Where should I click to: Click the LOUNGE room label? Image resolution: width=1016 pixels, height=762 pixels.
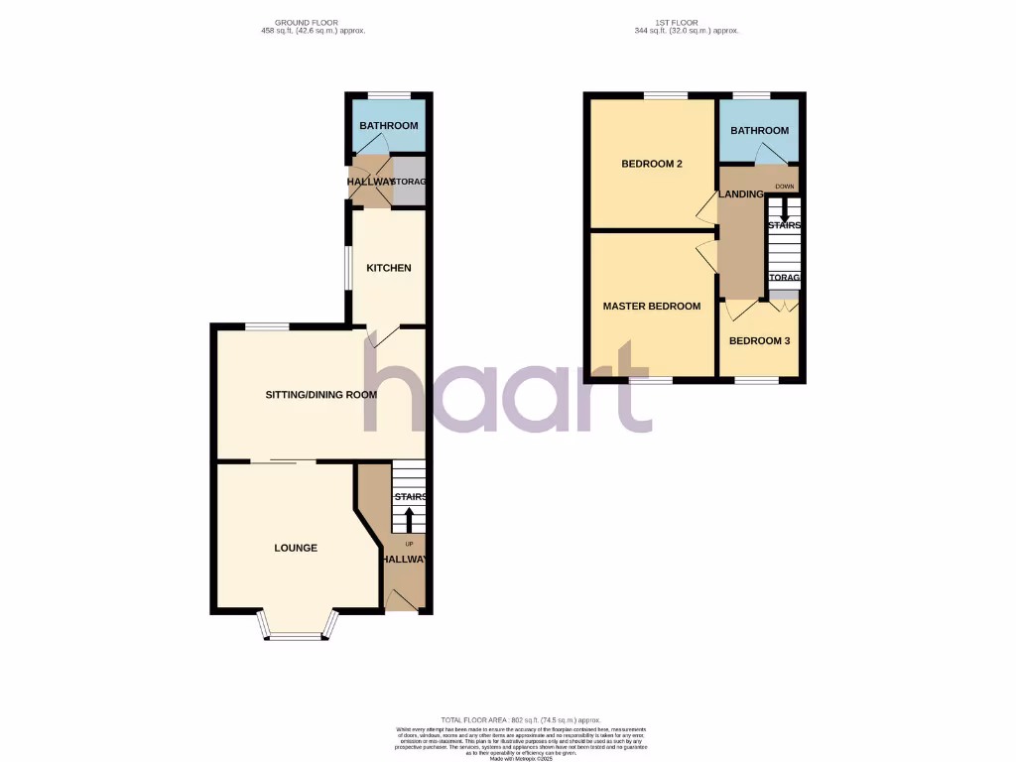296,548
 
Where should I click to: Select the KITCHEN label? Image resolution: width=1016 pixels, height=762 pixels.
388,268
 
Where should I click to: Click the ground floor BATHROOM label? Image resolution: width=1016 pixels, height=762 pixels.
389,126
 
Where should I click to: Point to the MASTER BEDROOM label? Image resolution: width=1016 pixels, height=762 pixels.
652,307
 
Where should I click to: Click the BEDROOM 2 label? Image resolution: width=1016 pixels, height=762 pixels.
651,164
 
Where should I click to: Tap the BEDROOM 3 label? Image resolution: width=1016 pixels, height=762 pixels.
759,341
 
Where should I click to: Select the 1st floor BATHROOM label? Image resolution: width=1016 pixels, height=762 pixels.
759,131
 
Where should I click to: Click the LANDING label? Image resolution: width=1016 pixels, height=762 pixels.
741,194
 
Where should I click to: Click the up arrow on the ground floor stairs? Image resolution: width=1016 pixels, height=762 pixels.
409,518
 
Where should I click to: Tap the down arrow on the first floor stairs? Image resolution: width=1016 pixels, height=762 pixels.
784,210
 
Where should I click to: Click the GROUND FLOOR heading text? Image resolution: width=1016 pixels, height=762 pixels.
308,24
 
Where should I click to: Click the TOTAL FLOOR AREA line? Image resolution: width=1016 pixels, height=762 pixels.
521,719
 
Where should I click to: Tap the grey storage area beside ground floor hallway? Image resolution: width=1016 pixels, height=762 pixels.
410,183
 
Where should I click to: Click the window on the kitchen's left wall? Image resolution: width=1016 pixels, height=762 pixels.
347,268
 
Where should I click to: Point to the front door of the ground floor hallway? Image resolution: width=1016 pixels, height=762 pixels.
403,599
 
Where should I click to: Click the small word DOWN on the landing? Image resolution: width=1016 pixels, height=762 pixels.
784,186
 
